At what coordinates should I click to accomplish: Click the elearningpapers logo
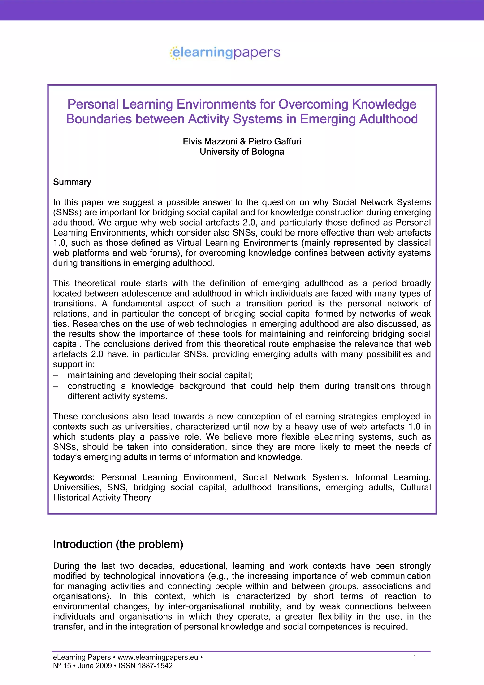[x=225, y=53]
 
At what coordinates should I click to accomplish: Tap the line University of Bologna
[x=242, y=152]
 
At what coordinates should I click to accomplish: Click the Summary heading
[x=72, y=182]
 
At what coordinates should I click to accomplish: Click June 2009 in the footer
[x=95, y=666]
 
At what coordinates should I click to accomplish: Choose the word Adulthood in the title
[x=388, y=119]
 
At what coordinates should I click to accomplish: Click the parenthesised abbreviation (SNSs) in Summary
[x=67, y=212]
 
